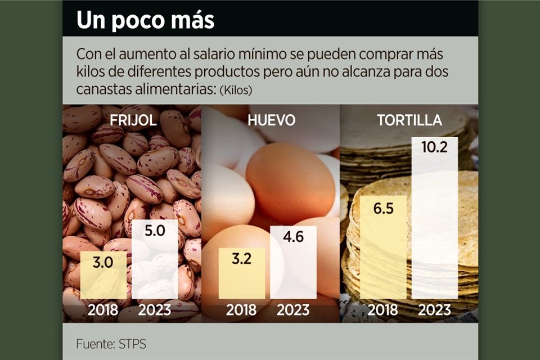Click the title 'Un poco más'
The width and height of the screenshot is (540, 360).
tap(145, 20)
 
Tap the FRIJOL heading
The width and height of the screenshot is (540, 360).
tap(133, 121)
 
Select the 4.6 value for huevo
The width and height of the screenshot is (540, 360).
tap(292, 237)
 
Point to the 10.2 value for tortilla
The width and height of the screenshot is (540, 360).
tap(435, 148)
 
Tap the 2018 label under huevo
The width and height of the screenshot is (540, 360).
tap(241, 309)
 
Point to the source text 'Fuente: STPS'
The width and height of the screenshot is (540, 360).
tap(111, 343)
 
